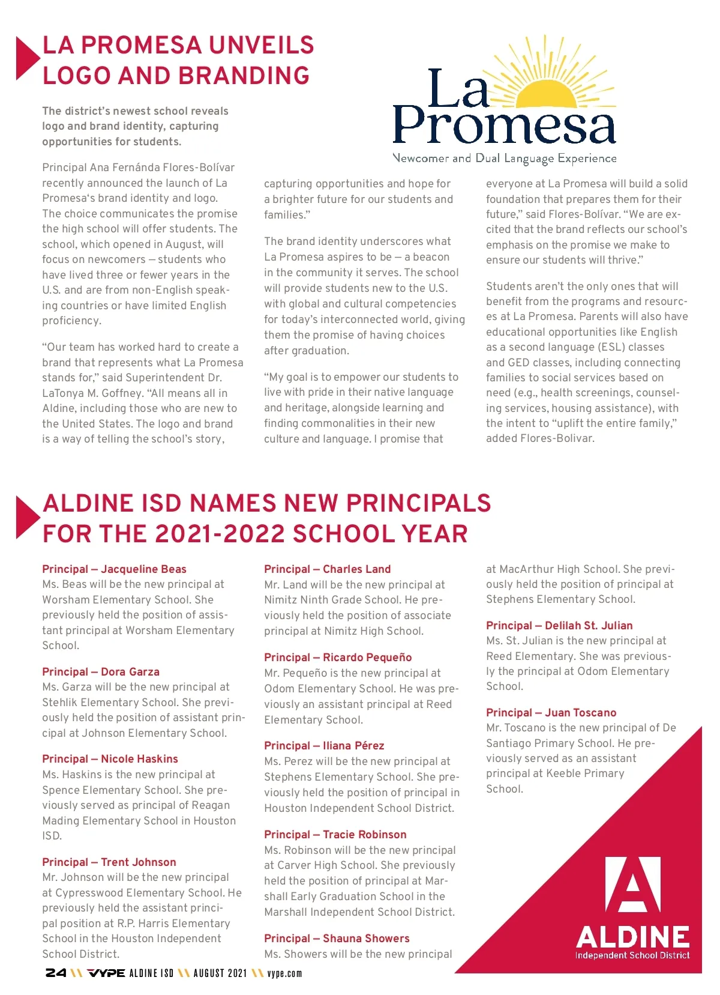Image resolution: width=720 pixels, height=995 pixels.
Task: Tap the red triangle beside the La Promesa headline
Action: (x=25, y=58)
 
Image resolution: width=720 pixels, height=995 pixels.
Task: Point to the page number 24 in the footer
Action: (x=56, y=973)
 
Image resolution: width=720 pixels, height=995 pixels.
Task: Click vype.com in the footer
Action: (x=284, y=973)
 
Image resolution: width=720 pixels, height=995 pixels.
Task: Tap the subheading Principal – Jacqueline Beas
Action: (x=114, y=569)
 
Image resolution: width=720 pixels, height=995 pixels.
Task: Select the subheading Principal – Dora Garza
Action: (x=101, y=672)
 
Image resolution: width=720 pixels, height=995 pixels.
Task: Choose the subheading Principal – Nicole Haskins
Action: (x=110, y=759)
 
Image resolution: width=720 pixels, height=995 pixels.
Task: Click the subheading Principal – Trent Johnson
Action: (x=109, y=862)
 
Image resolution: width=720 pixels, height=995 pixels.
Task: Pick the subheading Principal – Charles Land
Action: (x=327, y=569)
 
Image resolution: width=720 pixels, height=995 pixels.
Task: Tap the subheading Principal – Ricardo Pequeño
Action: (x=338, y=658)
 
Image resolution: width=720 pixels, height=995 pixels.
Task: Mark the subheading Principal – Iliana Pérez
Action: (x=324, y=746)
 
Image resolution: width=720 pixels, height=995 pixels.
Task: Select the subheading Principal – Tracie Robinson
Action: (x=335, y=835)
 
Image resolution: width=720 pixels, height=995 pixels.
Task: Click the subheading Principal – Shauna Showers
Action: (x=337, y=939)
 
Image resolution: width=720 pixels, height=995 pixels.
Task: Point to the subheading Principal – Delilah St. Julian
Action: (x=559, y=626)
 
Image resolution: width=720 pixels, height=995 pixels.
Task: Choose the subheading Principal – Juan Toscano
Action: (x=551, y=713)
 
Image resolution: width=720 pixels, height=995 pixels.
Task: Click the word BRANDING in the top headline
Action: (x=244, y=76)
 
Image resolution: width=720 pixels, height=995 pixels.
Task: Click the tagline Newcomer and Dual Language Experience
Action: (x=505, y=159)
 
